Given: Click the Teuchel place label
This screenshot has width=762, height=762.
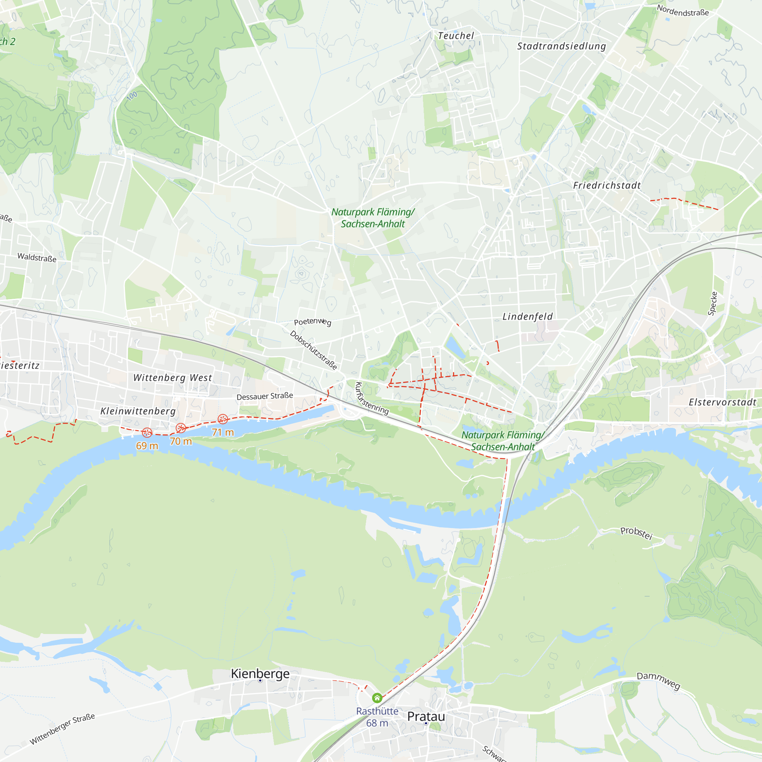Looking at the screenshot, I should click(x=456, y=36).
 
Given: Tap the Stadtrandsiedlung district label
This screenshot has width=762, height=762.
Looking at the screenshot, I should click(x=561, y=46).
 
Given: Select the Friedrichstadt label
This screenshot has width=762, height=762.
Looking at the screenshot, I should click(x=607, y=186).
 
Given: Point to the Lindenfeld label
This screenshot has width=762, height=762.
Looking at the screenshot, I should click(x=527, y=316).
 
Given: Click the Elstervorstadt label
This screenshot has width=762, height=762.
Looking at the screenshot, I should click(x=722, y=402).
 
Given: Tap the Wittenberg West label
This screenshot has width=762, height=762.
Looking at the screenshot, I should click(x=173, y=378).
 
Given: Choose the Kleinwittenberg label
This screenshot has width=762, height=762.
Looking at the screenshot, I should click(x=138, y=411).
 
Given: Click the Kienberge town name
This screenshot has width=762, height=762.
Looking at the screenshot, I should click(x=260, y=674).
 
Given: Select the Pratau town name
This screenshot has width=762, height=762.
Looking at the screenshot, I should click(x=426, y=716).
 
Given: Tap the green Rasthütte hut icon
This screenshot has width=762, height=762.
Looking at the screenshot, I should click(x=377, y=698).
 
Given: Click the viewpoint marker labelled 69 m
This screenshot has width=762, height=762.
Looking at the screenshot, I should click(x=147, y=433).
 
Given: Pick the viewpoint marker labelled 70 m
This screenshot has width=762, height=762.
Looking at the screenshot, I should click(x=181, y=428).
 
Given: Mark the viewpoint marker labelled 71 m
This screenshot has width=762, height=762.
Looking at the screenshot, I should click(x=223, y=419).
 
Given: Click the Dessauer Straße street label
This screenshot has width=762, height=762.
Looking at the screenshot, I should click(x=265, y=396).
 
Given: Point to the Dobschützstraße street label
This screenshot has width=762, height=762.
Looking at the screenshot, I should click(x=314, y=350).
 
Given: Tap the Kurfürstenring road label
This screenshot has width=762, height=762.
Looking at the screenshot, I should click(x=372, y=399).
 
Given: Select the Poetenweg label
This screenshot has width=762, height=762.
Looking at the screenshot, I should click(x=312, y=322).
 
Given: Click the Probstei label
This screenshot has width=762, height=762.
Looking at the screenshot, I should click(x=636, y=533).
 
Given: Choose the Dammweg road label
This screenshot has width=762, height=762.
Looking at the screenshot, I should click(x=658, y=681).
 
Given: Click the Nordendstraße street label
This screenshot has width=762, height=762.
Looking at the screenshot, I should click(x=682, y=11).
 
